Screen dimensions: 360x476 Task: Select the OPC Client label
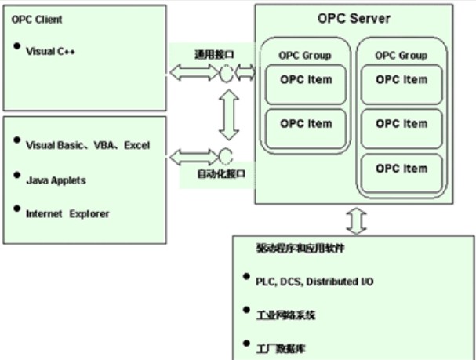[37, 19]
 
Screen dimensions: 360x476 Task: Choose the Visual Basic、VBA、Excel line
[87, 145]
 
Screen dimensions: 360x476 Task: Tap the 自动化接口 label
[222, 174]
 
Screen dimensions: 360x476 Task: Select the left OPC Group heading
[305, 55]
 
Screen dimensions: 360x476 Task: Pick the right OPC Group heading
[402, 55]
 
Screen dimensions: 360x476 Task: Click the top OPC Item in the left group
[306, 79]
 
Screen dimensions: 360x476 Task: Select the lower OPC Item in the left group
[306, 123]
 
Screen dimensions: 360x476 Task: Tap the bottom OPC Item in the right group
[402, 168]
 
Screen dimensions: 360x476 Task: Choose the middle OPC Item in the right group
[402, 123]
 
